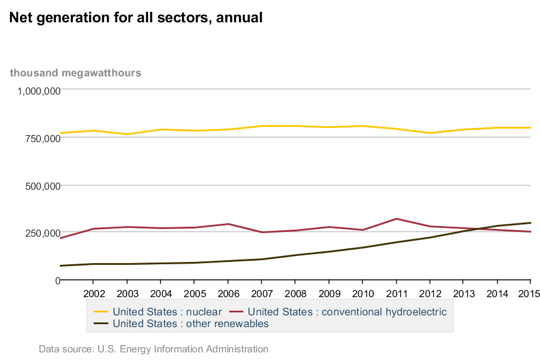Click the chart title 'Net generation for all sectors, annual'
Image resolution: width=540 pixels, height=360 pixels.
(x=136, y=18)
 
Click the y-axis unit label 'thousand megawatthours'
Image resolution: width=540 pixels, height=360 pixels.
(x=75, y=73)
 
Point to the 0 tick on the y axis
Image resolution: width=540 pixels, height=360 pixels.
(x=57, y=280)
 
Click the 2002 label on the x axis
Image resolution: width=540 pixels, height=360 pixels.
(x=94, y=293)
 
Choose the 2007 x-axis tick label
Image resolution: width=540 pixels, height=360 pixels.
(x=262, y=293)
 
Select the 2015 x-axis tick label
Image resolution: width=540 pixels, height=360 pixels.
(x=529, y=293)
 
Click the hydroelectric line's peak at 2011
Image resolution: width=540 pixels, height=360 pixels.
(x=397, y=219)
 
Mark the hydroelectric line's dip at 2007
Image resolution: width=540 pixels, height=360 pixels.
(x=262, y=232)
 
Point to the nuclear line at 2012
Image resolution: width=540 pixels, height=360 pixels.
(x=430, y=133)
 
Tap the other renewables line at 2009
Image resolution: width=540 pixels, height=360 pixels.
(x=329, y=251)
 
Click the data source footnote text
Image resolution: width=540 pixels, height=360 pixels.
(x=153, y=349)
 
